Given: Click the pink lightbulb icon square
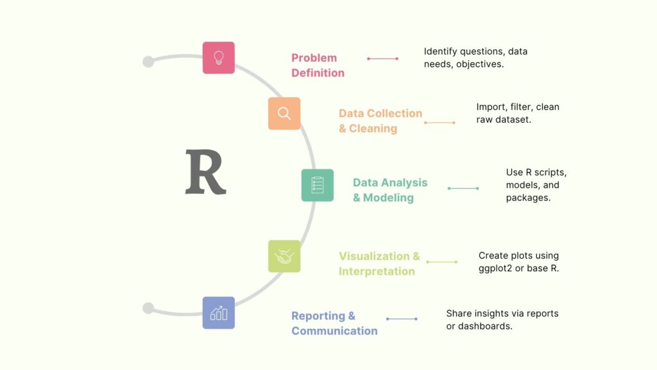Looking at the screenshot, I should pyautogui.click(x=218, y=58).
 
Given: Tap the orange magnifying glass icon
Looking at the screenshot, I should pyautogui.click(x=284, y=114).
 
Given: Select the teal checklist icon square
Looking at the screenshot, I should pyautogui.click(x=318, y=185).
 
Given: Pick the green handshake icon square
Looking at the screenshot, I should pyautogui.click(x=284, y=256).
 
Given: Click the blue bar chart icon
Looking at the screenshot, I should pyautogui.click(x=218, y=313).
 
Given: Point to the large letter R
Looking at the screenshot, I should pyautogui.click(x=205, y=172).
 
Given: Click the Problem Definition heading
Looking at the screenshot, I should pyautogui.click(x=318, y=66).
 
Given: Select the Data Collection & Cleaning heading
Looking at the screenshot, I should pyautogui.click(x=380, y=121).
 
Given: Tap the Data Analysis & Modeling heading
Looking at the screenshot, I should pyautogui.click(x=389, y=190).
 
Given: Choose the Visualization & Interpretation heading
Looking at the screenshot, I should pyautogui.click(x=379, y=263).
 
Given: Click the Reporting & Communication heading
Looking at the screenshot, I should pyautogui.click(x=334, y=323).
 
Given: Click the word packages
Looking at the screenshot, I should pyautogui.click(x=528, y=198).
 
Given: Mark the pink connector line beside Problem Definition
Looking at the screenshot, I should pyautogui.click(x=383, y=58).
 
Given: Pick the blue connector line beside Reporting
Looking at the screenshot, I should pyautogui.click(x=402, y=319).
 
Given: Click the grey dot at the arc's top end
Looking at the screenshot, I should pyautogui.click(x=148, y=62).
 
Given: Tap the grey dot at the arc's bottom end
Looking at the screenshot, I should pyautogui.click(x=148, y=308).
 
